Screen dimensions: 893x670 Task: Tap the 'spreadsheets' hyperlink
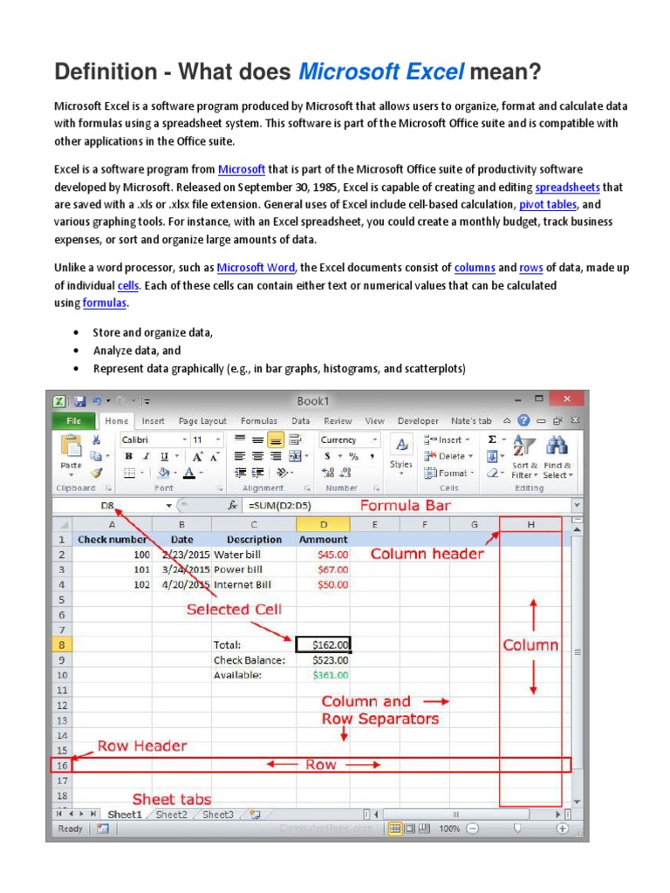[567, 187]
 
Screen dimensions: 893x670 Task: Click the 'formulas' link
[105, 303]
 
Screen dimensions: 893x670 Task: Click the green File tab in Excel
[73, 420]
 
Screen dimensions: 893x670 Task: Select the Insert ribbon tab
[153, 420]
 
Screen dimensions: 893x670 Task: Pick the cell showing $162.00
[323, 644]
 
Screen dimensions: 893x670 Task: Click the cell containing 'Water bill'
[253, 554]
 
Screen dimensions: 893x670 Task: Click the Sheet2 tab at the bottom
[172, 815]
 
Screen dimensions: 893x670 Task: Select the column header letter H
[530, 524]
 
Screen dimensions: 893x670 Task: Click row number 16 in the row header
[62, 765]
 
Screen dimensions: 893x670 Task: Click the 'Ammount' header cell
[323, 539]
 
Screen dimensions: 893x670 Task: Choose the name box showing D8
[108, 505]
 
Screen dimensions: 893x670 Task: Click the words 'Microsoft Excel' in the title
[380, 72]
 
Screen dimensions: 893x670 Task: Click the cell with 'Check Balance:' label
[253, 660]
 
